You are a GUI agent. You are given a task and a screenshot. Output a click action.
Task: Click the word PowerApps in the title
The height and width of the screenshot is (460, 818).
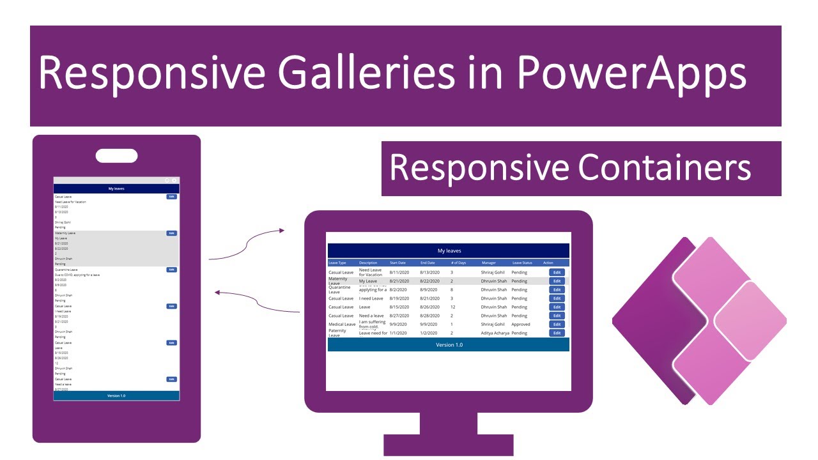pyautogui.click(x=631, y=73)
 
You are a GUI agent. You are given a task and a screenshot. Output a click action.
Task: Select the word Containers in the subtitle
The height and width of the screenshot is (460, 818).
pyautogui.click(x=665, y=168)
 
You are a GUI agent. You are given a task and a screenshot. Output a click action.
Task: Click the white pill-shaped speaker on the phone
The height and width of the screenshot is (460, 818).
pyautogui.click(x=116, y=156)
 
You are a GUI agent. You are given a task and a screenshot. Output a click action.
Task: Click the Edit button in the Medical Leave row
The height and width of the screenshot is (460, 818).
pyautogui.click(x=557, y=325)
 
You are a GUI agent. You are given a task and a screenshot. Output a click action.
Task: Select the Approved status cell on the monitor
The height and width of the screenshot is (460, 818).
pyautogui.click(x=521, y=325)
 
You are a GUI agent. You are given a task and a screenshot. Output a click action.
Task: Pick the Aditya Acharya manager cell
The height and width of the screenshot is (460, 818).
pyautogui.click(x=495, y=333)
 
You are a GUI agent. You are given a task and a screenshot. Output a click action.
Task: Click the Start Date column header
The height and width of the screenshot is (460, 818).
pyautogui.click(x=397, y=263)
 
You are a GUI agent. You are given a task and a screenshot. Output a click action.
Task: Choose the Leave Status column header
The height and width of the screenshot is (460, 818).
pyautogui.click(x=522, y=263)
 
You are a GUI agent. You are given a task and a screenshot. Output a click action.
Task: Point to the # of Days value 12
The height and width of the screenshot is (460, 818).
pyautogui.click(x=452, y=307)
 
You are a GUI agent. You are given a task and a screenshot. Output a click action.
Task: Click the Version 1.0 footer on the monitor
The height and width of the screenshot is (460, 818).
pyautogui.click(x=449, y=345)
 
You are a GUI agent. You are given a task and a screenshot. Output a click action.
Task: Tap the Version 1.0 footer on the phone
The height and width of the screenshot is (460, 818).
pyautogui.click(x=116, y=395)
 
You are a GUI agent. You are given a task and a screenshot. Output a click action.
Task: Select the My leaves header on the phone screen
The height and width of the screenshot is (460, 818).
pyautogui.click(x=116, y=189)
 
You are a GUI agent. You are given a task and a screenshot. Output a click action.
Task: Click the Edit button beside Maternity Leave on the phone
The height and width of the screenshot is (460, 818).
pyautogui.click(x=171, y=233)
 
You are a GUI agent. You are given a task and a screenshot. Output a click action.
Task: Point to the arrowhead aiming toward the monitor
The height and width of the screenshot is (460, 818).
pyautogui.click(x=281, y=231)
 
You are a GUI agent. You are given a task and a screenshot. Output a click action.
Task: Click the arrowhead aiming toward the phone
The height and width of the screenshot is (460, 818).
pyautogui.click(x=218, y=293)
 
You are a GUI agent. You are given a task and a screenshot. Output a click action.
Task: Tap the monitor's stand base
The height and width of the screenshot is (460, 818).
pyautogui.click(x=447, y=445)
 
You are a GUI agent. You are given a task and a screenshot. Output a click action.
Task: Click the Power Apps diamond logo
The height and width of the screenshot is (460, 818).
pyautogui.click(x=698, y=321)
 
